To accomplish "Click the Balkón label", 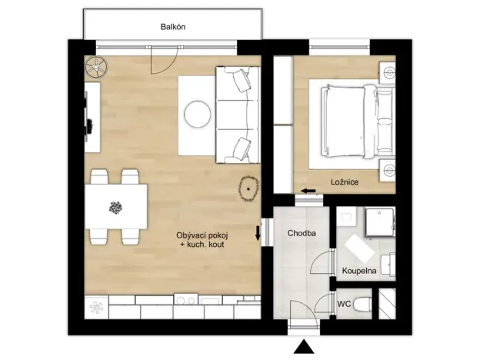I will (173, 27).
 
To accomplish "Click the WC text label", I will (344, 303).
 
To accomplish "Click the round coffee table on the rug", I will (196, 114).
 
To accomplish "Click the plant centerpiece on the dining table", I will (116, 206).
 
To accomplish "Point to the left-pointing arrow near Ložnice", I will (308, 191).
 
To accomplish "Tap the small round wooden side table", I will (250, 188).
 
